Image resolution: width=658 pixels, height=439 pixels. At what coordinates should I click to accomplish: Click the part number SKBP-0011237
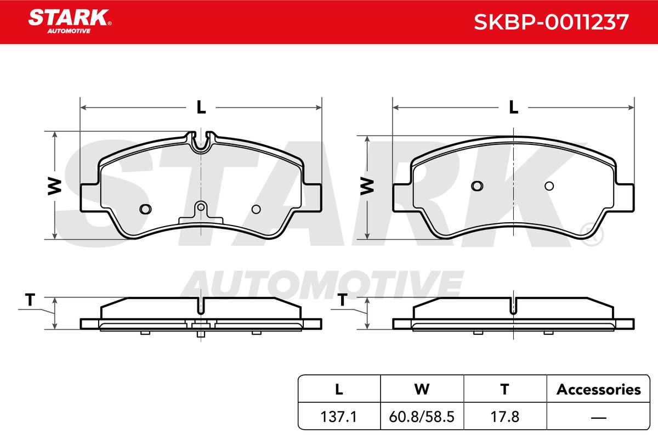coord(551,22)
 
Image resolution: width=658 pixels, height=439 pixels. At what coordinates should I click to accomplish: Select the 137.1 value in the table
coord(339,417)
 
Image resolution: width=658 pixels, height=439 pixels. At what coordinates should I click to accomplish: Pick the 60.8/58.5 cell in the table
coord(422,417)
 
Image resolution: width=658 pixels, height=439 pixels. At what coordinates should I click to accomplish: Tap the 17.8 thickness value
coord(505,417)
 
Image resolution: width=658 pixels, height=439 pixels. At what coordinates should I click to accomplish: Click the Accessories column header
coord(598,390)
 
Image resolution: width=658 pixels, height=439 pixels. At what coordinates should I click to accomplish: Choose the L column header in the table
coord(339,390)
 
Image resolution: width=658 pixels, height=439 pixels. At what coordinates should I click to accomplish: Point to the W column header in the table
coord(422,390)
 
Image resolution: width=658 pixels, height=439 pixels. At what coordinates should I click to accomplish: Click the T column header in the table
coord(504,390)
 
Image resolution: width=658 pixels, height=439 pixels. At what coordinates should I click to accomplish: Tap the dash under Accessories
coord(598,418)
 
